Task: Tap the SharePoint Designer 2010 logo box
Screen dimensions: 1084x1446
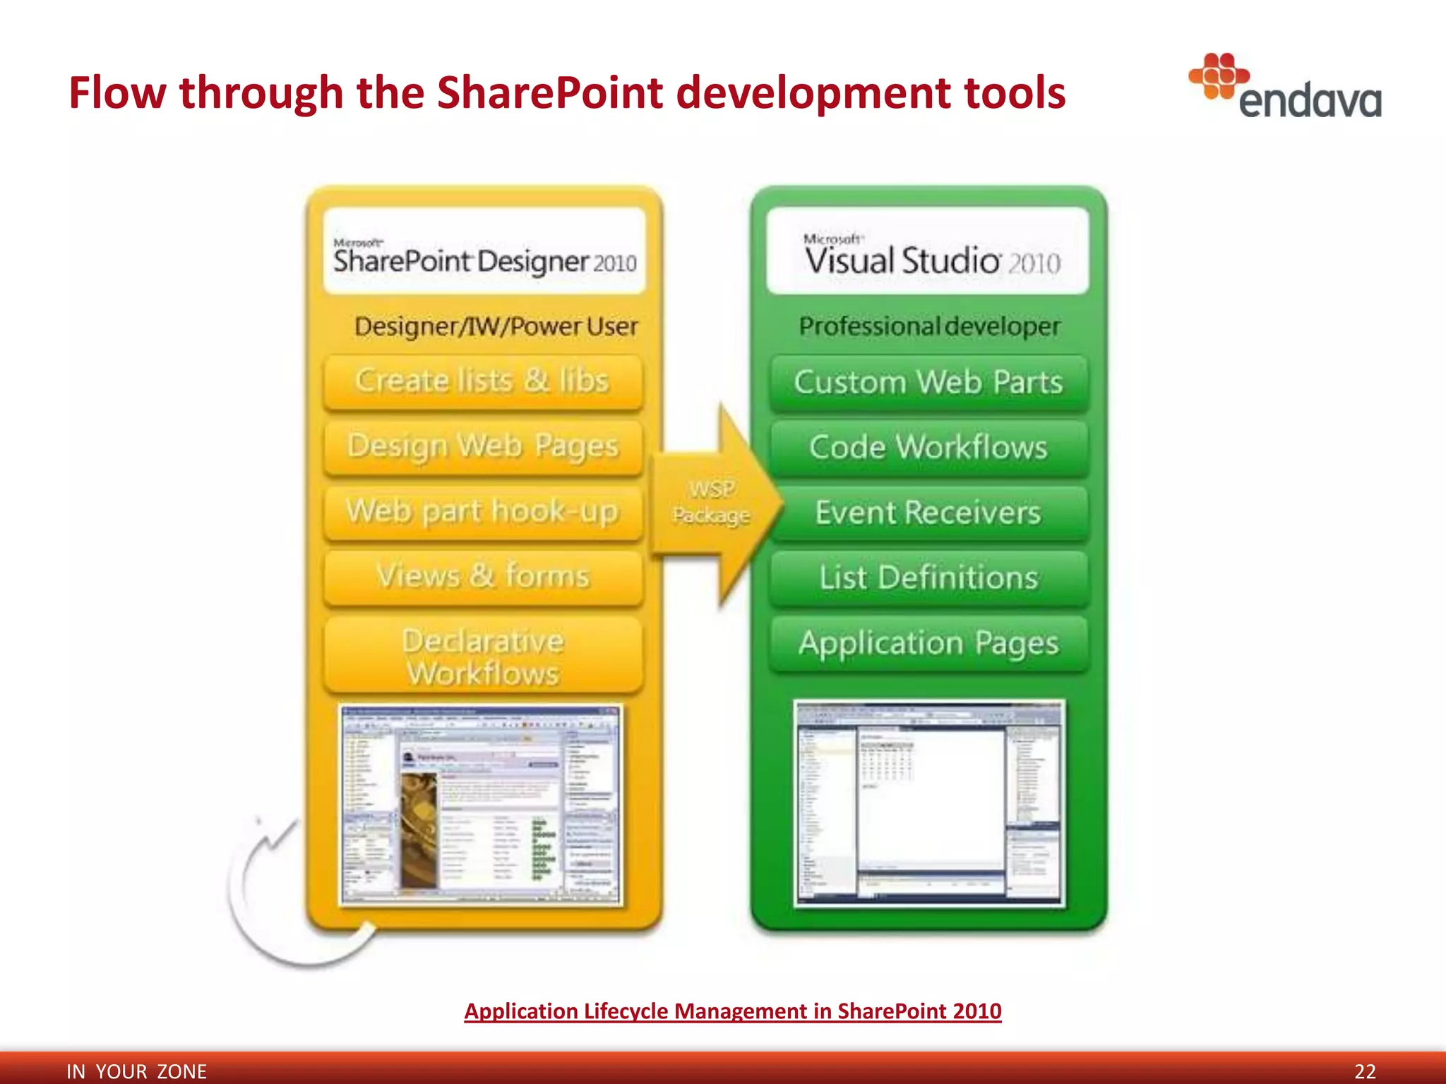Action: point(484,251)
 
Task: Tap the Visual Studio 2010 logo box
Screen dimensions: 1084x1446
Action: point(928,251)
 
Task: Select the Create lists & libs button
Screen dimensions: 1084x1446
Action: point(483,382)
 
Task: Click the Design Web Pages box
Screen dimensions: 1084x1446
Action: point(483,447)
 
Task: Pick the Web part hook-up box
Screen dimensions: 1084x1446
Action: point(483,512)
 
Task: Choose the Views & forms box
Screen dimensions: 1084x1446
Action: point(483,577)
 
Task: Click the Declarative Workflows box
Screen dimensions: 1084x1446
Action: point(483,656)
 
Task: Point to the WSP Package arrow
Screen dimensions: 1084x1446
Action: point(713,502)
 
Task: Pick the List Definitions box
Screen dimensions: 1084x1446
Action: point(928,578)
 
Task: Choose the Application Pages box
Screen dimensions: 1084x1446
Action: point(928,643)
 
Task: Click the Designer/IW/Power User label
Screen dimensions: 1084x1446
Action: point(496,327)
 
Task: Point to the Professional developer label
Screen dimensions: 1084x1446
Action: point(929,327)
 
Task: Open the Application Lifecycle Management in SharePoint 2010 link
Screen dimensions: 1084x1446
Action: point(732,1011)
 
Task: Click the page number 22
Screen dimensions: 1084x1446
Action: point(1365,1071)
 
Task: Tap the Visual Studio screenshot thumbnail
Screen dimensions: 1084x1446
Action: point(929,803)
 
